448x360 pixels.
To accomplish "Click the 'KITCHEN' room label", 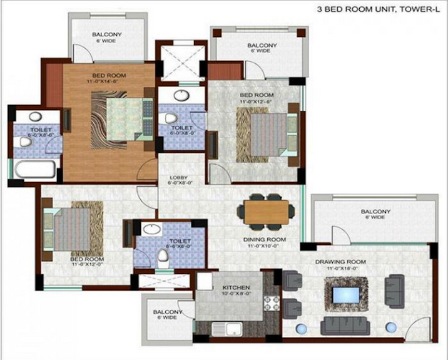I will (237, 288).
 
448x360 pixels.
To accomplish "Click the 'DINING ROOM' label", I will (265, 240).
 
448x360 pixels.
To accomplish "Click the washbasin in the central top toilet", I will (181, 96).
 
